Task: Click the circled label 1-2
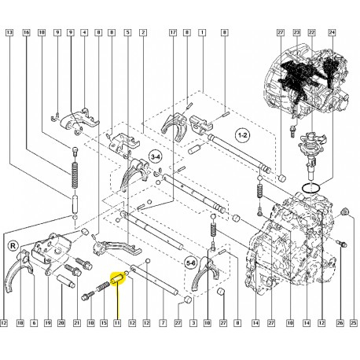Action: (242, 135)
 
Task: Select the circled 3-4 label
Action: (156, 157)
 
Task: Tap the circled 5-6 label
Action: (191, 263)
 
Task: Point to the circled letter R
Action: (13, 246)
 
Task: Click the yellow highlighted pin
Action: (118, 279)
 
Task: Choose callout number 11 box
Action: (117, 323)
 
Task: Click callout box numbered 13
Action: (9, 32)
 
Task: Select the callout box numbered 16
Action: (27, 32)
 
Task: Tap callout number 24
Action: (332, 32)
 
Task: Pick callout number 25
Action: (354, 323)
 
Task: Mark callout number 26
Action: (340, 323)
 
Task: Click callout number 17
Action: (173, 32)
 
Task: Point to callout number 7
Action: (163, 323)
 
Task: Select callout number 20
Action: (61, 323)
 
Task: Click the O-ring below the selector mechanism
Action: (310, 188)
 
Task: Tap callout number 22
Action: (311, 32)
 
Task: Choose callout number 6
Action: (34, 323)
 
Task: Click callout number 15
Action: (104, 323)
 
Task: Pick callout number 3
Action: (193, 323)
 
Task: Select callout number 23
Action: (296, 32)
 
